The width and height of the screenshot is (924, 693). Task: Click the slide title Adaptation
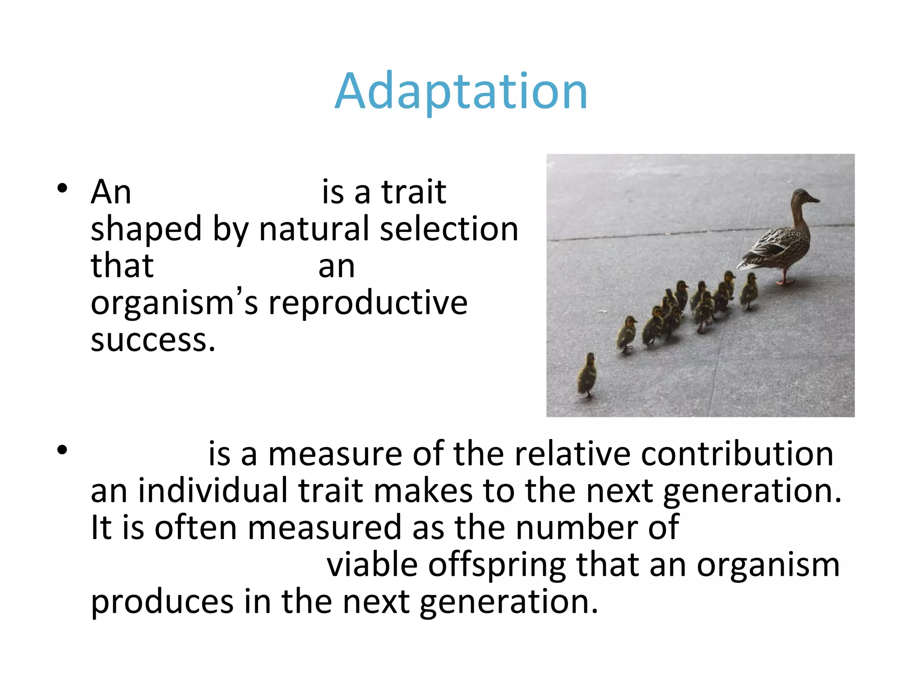click(x=461, y=92)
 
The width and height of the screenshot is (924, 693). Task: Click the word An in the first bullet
click(x=111, y=193)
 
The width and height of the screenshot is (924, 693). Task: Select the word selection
click(x=449, y=229)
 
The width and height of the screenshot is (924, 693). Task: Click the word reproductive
click(x=368, y=303)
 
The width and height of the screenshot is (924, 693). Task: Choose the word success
click(x=152, y=341)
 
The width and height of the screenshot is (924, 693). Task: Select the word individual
click(x=213, y=491)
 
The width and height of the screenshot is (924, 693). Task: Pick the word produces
click(x=162, y=603)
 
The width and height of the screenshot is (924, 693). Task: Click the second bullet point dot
click(x=62, y=450)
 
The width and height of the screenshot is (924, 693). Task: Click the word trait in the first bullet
click(x=414, y=193)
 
